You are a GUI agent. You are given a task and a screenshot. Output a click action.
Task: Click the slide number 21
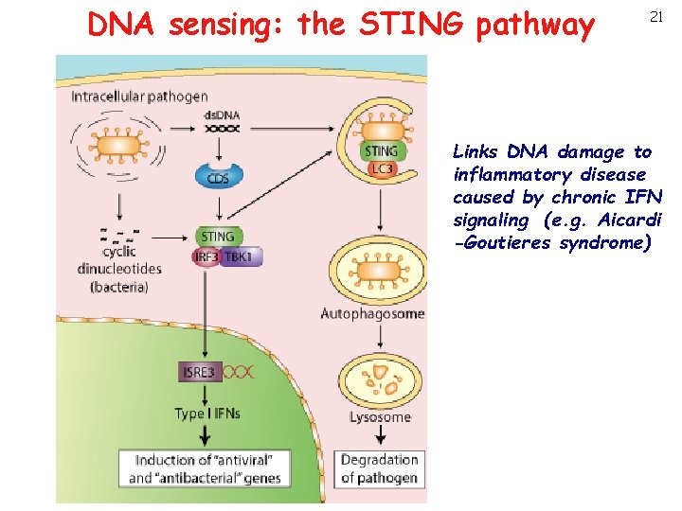[655, 17]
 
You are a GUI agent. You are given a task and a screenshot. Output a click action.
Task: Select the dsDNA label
[223, 115]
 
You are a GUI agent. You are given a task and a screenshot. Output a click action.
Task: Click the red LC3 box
[382, 168]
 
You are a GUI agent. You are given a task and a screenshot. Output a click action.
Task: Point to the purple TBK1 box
[242, 257]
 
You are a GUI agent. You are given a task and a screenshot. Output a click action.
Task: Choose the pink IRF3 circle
[206, 257]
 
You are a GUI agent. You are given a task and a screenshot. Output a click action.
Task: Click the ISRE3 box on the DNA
[200, 372]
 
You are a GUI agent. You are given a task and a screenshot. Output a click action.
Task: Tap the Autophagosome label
[372, 313]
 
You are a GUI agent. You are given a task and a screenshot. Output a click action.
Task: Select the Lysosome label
[379, 416]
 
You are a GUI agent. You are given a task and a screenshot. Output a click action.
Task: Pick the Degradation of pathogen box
[379, 468]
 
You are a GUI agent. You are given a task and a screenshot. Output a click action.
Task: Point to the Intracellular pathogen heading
[139, 97]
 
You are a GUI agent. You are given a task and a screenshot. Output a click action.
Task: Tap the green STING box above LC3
[381, 150]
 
